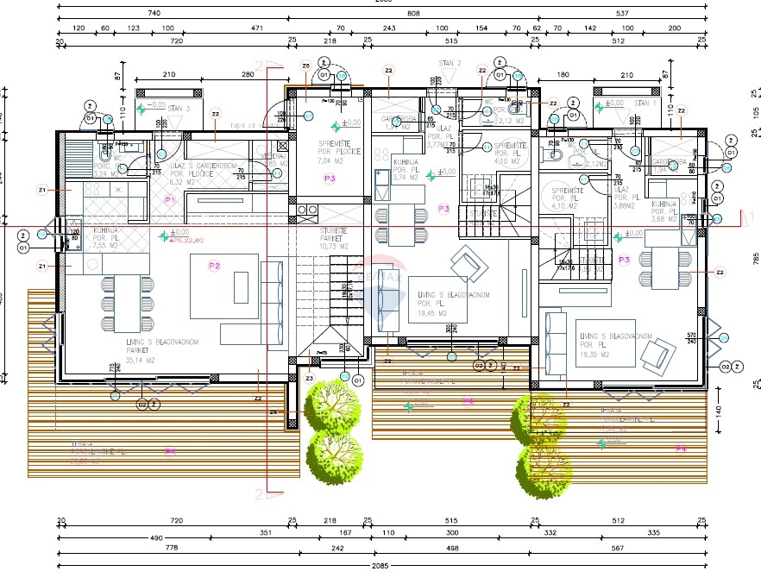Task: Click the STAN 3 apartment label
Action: pos(179,109)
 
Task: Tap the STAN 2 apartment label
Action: pos(450,63)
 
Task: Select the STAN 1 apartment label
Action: pos(645,103)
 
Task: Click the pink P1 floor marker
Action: pos(170,200)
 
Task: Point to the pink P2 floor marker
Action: pos(214,266)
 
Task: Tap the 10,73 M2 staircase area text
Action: pos(330,247)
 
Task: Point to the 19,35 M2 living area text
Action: pos(596,354)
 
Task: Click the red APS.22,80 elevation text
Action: pos(186,242)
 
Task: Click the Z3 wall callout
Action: pos(309,378)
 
